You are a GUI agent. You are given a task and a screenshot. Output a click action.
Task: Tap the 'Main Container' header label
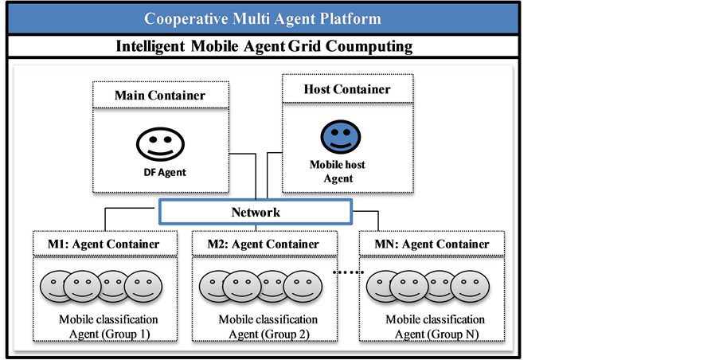pyautogui.click(x=159, y=96)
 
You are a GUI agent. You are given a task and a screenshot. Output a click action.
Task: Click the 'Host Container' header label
pyautogui.click(x=347, y=89)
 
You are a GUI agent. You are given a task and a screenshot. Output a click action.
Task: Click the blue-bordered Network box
pyautogui.click(x=255, y=213)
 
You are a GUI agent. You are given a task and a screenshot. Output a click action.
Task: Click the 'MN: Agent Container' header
pyautogui.click(x=432, y=244)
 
